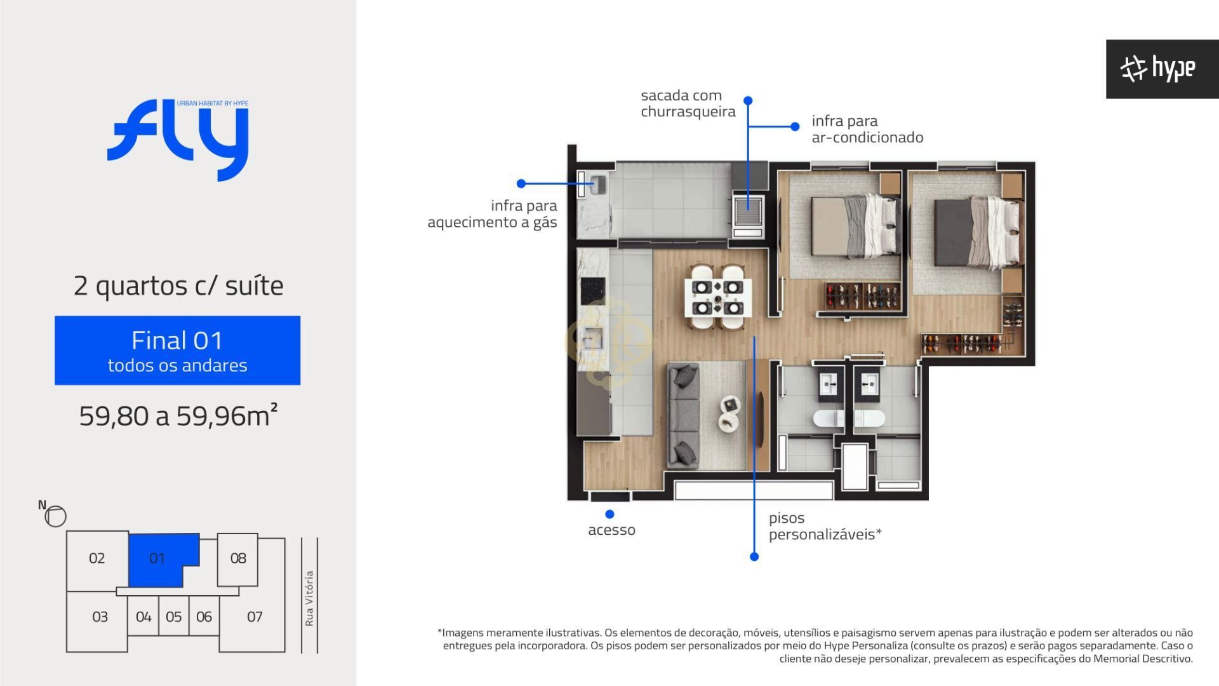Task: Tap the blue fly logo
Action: (178, 140)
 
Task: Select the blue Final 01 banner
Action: (177, 350)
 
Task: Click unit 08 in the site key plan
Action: (237, 559)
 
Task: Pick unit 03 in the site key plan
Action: (100, 617)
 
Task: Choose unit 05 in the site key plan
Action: (173, 617)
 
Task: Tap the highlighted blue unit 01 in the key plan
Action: (157, 558)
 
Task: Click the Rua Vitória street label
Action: (309, 598)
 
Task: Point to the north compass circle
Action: (56, 516)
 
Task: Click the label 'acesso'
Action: (611, 530)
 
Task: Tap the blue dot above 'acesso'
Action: (609, 514)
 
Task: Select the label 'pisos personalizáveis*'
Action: (825, 527)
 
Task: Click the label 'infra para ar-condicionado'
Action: (867, 129)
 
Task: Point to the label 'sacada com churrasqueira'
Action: (688, 104)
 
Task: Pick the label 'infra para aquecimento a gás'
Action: (492, 214)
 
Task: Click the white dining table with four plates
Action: (717, 297)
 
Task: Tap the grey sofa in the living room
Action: (683, 415)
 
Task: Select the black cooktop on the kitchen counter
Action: (593, 292)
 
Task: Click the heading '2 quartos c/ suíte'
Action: (178, 286)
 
